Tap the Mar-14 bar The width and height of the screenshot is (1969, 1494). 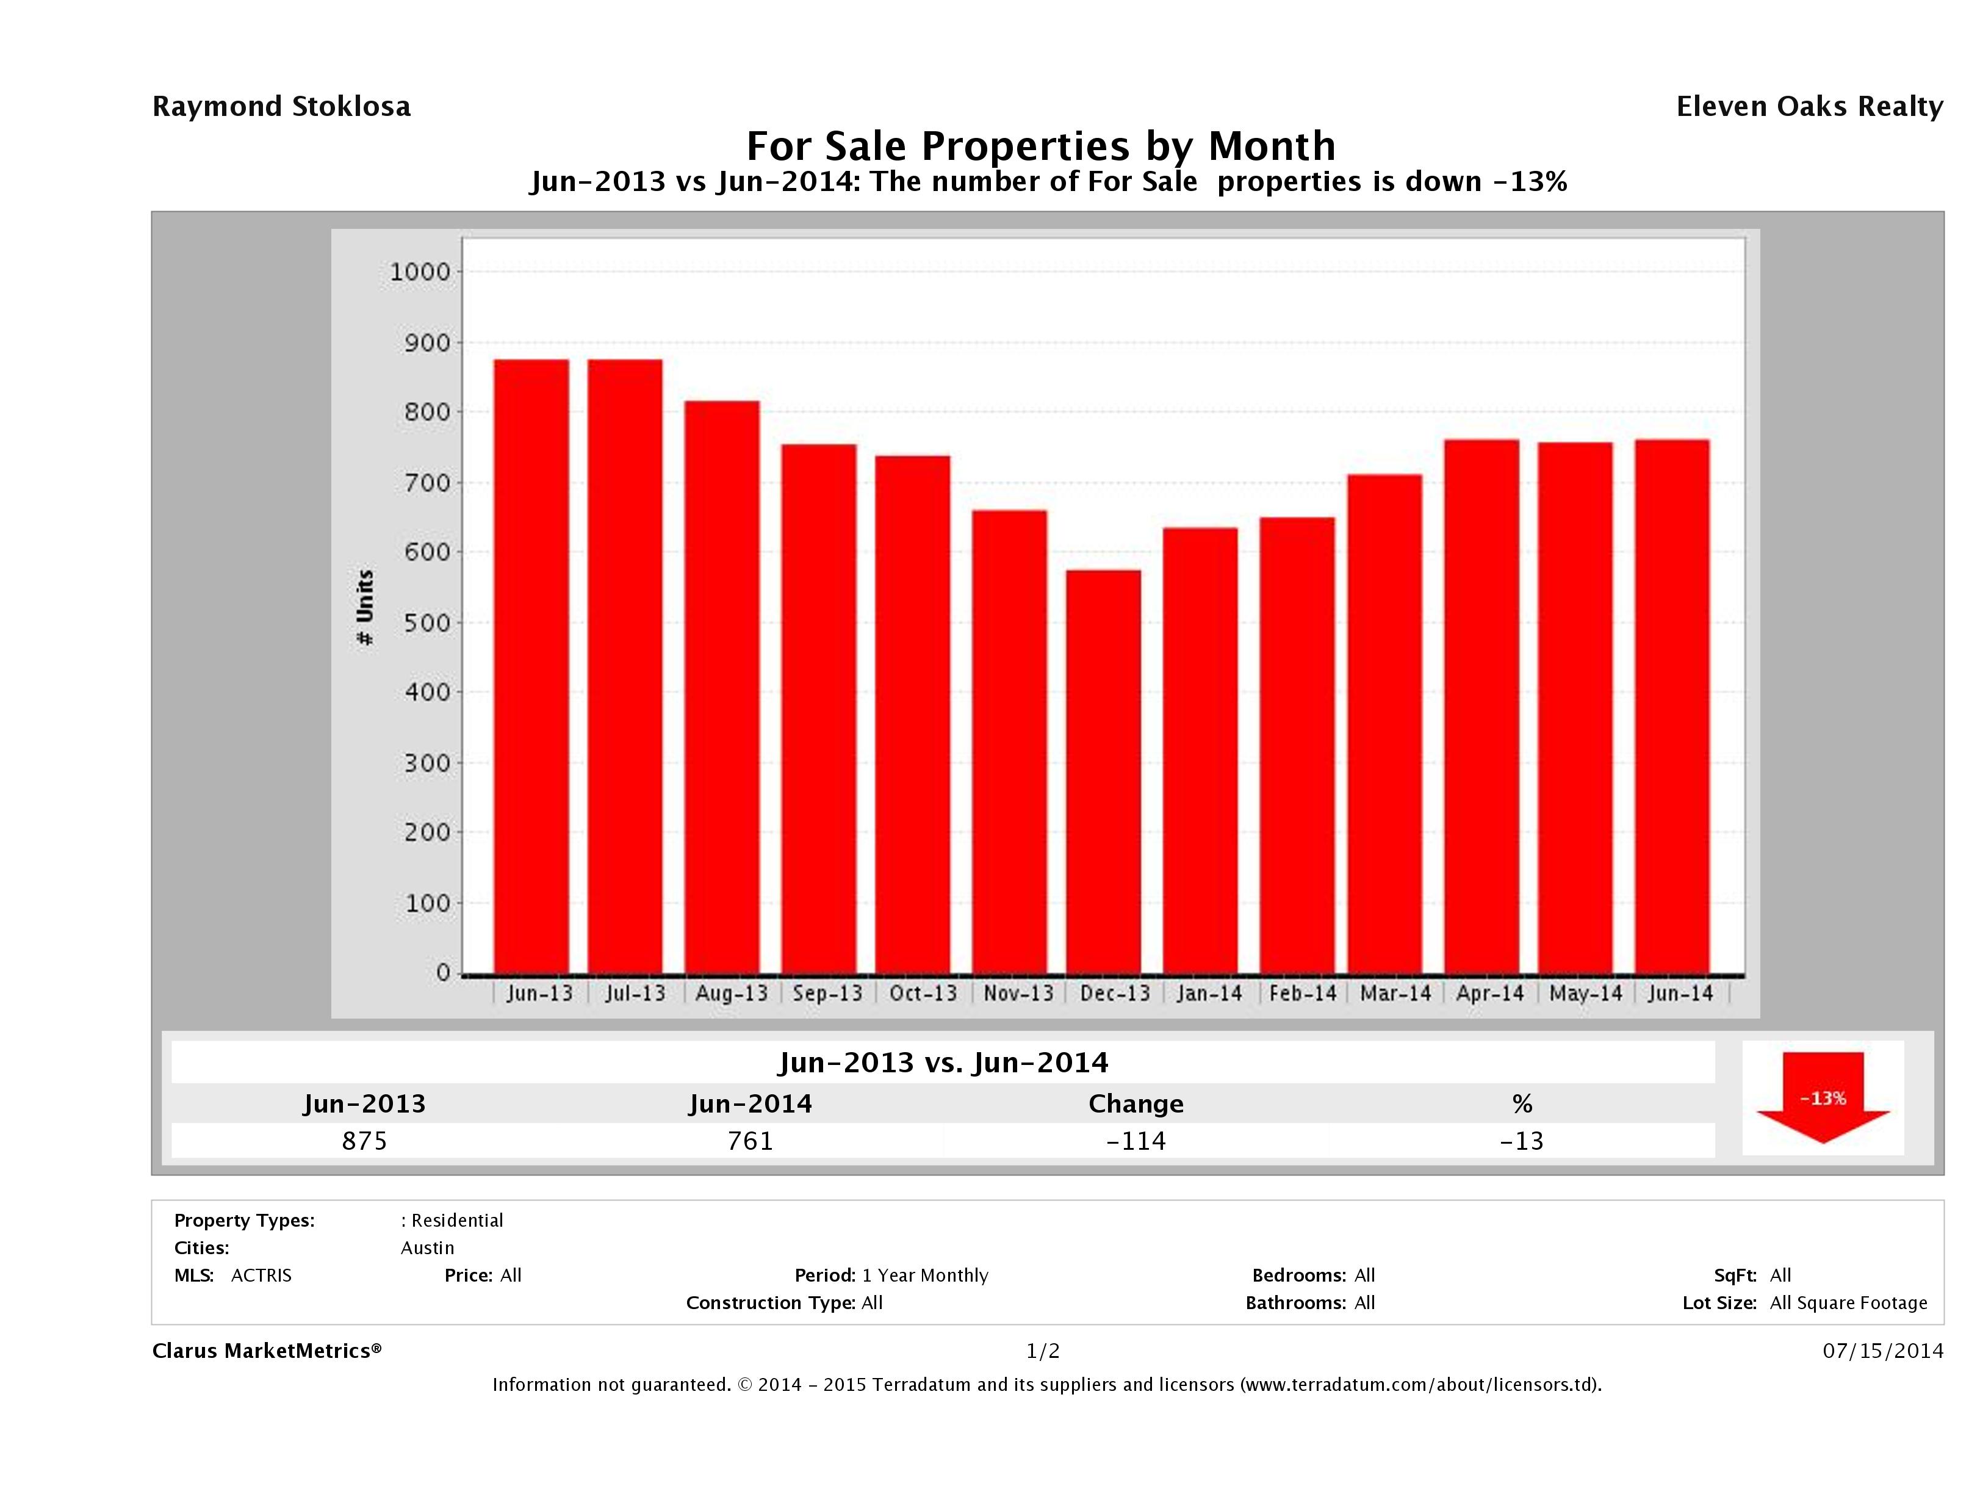point(1385,723)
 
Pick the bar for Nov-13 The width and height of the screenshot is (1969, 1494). point(1009,741)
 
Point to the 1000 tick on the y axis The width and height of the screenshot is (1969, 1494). point(420,272)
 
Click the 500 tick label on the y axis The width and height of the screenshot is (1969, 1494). point(427,622)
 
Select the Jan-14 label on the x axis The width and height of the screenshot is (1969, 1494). point(1209,993)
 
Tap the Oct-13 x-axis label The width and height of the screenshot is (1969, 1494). point(923,993)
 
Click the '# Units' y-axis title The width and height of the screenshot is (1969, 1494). point(365,607)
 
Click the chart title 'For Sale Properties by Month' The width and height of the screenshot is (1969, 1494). point(1040,145)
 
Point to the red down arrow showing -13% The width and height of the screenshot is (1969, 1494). point(1822,1097)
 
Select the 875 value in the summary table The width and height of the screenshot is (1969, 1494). point(365,1141)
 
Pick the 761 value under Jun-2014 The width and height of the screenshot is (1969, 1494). point(751,1141)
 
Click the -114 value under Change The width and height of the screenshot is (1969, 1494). point(1136,1141)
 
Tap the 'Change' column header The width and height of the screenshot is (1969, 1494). point(1136,1104)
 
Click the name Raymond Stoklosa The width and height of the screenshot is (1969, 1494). point(281,106)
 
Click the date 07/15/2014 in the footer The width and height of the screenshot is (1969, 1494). point(1882,1351)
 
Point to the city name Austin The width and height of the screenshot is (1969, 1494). point(427,1247)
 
